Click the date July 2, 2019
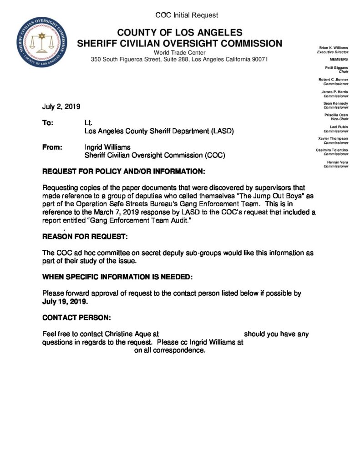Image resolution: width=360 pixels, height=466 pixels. tap(61, 107)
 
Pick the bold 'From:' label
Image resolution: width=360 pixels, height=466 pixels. tap(51, 147)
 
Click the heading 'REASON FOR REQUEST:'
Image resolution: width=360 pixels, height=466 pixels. tap(85, 237)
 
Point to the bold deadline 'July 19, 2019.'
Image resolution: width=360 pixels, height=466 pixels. tap(66, 302)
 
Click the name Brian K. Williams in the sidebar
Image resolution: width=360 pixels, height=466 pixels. tap(334, 48)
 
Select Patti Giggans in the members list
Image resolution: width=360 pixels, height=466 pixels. tap(337, 68)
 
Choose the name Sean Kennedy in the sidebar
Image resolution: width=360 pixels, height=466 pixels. tap(336, 103)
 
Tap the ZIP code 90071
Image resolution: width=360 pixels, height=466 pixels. tap(259, 60)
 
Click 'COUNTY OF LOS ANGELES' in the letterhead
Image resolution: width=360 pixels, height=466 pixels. tap(180, 33)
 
